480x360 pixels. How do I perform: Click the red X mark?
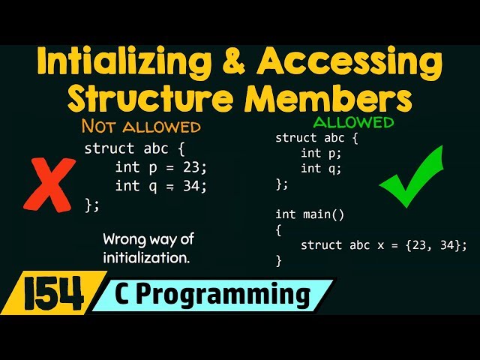click(x=48, y=183)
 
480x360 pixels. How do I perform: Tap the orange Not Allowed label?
click(x=140, y=125)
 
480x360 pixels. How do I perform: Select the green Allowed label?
click(x=352, y=121)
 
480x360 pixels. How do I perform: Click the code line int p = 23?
click(x=161, y=166)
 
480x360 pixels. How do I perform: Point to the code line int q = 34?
click(x=161, y=185)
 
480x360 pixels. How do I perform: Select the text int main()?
click(x=310, y=214)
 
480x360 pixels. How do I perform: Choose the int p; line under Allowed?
click(x=321, y=153)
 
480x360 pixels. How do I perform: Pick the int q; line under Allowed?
click(x=321, y=168)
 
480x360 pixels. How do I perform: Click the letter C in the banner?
click(x=121, y=295)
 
